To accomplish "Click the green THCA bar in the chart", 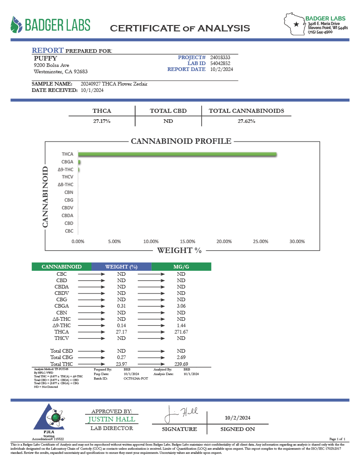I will (177, 155).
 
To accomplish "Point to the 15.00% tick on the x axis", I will (188, 241).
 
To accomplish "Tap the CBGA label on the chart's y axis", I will (67, 162).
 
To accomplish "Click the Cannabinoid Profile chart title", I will (181, 141).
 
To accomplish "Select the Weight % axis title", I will (179, 250).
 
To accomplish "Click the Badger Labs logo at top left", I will (51, 25).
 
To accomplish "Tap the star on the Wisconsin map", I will (296, 24).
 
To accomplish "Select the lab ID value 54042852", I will (220, 63).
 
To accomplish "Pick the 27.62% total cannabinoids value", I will (246, 122).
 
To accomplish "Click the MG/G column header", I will (181, 267).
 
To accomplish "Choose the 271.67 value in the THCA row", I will (181, 332).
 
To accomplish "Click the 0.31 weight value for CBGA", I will (121, 306).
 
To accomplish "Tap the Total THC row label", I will (62, 364).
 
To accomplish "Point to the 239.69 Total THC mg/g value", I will (181, 364).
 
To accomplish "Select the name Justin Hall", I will (111, 419).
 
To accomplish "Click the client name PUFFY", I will (46, 58).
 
